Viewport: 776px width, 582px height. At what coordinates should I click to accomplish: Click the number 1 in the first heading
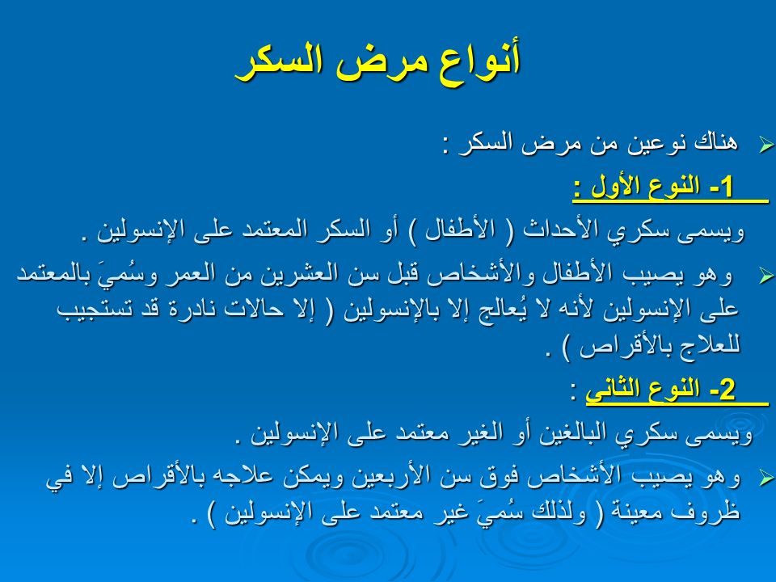727,187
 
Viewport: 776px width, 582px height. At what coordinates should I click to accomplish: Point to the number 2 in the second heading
727,390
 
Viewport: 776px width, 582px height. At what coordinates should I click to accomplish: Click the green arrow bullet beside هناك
766,145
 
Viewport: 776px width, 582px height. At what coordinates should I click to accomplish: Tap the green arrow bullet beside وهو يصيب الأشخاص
766,478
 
